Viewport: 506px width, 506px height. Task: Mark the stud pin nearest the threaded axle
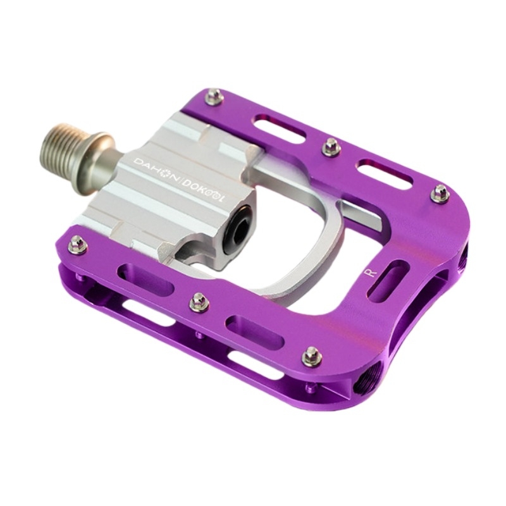77,244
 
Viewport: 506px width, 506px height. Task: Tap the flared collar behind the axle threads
97,161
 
